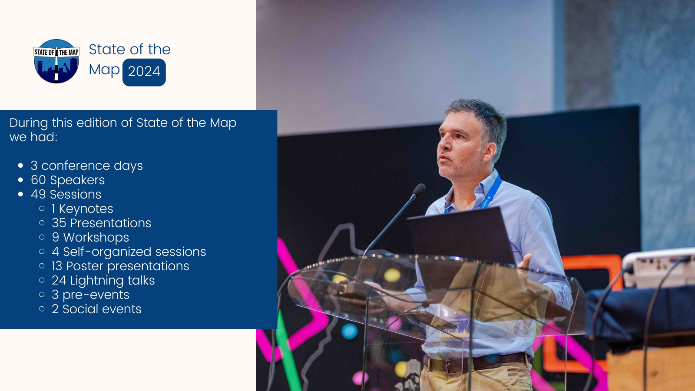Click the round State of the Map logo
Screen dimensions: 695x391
click(x=56, y=61)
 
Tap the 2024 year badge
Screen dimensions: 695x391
click(x=144, y=72)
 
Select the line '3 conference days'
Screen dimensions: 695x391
click(x=87, y=166)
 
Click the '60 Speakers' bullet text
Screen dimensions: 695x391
click(x=68, y=180)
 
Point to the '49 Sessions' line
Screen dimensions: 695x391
click(x=66, y=194)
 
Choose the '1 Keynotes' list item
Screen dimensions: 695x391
click(x=82, y=209)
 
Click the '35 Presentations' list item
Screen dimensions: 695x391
click(x=102, y=223)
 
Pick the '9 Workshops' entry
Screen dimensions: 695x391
click(x=90, y=237)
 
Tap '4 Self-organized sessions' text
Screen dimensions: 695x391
click(x=129, y=252)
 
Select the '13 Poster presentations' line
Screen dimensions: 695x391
click(x=120, y=266)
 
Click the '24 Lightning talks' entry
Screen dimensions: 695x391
click(x=103, y=281)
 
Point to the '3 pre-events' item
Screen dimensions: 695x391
click(x=90, y=295)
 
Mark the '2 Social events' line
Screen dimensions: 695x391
click(x=96, y=309)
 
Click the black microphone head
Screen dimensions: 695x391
click(x=419, y=189)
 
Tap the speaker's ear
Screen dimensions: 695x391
click(x=489, y=152)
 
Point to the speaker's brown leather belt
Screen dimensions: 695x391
click(x=476, y=363)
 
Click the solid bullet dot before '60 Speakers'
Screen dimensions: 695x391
click(x=21, y=180)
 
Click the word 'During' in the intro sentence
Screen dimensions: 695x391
click(x=29, y=123)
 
